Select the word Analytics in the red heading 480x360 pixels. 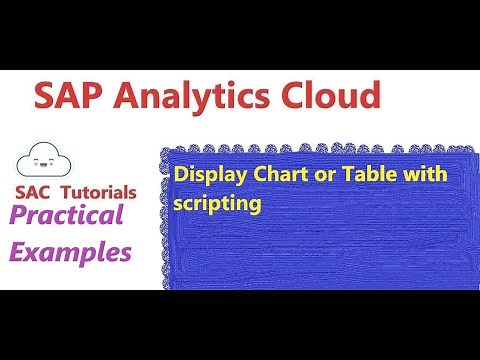coord(200,98)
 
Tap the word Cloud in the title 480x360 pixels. coord(330,97)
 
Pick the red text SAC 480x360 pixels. coord(35,191)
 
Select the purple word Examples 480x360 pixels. coord(71,252)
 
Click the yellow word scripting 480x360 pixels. coord(217,201)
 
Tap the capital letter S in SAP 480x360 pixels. coord(46,97)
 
